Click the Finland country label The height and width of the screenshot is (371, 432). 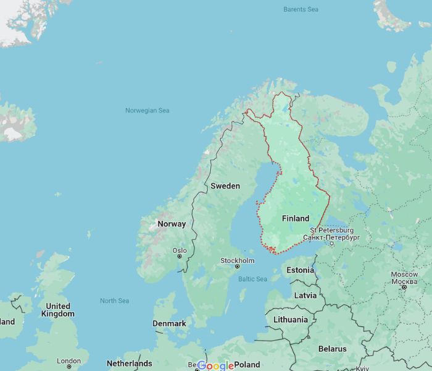[x=296, y=218]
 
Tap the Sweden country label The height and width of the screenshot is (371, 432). [x=225, y=185]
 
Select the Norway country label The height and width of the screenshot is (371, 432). [x=172, y=224]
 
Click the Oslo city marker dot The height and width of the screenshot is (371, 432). [x=180, y=256]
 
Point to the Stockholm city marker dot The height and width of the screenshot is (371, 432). [x=237, y=267]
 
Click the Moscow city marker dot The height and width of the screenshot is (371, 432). [x=404, y=287]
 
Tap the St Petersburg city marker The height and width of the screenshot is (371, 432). [x=332, y=243]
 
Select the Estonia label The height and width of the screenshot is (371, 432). [x=301, y=270]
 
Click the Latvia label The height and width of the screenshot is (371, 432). [x=305, y=295]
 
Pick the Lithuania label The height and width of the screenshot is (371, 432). [x=290, y=320]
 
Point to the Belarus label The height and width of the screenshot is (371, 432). [x=333, y=349]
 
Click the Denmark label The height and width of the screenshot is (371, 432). [x=169, y=323]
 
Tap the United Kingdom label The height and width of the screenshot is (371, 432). [x=58, y=310]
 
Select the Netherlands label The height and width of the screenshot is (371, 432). [x=129, y=363]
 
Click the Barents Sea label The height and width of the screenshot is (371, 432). [x=301, y=9]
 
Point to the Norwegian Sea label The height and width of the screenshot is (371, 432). [x=147, y=111]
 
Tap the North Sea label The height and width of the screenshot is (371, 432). [x=115, y=301]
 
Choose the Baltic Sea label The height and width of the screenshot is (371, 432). [x=252, y=279]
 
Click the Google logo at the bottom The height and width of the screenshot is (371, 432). [x=215, y=365]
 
